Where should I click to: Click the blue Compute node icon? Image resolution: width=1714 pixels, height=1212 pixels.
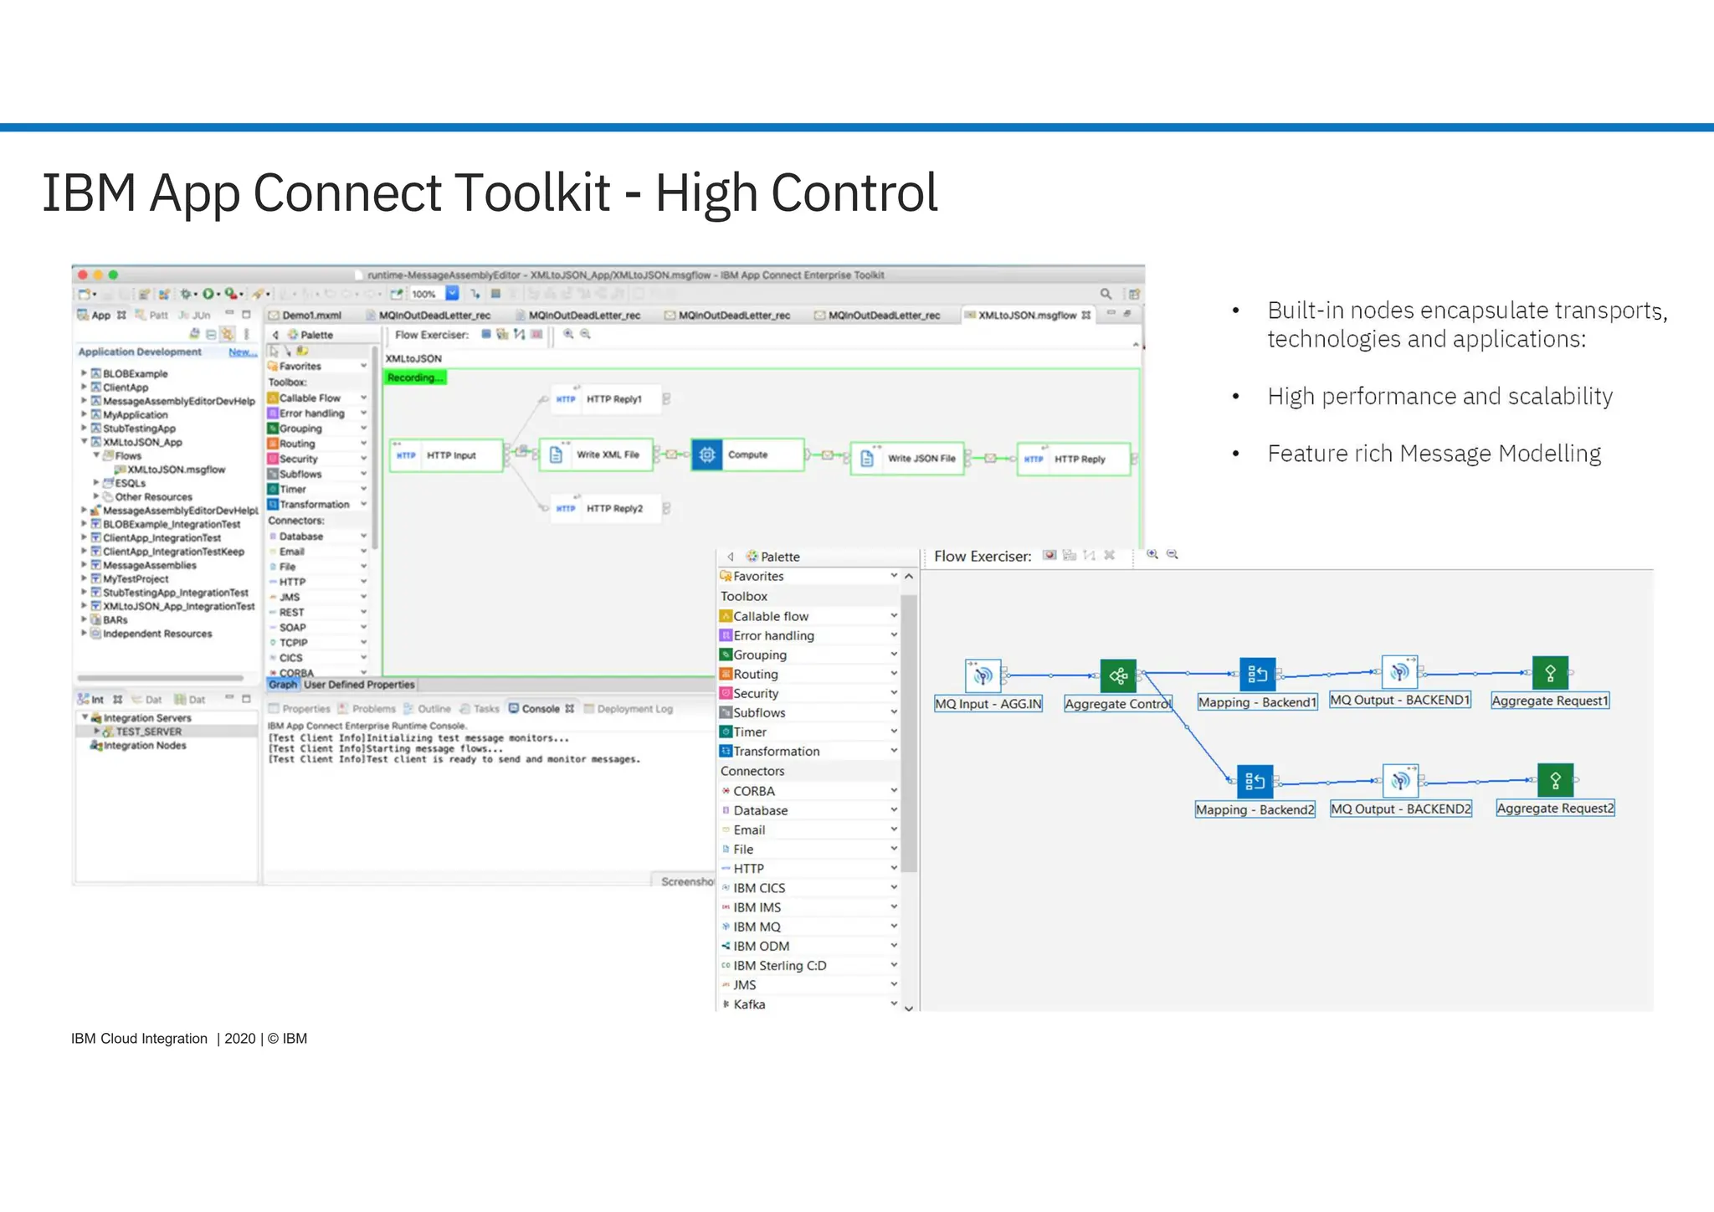coord(707,454)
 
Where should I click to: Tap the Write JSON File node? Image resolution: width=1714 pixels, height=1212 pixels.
coord(907,458)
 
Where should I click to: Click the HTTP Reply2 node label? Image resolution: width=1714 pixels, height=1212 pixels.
coord(614,508)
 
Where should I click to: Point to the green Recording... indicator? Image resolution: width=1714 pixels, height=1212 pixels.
coord(415,377)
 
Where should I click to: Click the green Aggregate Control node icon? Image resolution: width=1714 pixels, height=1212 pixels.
coord(1118,675)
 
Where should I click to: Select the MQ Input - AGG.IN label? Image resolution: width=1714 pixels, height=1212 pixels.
coord(988,704)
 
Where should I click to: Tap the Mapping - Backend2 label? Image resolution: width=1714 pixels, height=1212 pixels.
coord(1255,809)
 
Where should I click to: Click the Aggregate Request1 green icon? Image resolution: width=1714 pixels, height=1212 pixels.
coord(1550,673)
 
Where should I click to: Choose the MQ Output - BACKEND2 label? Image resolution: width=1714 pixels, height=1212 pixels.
coord(1400,809)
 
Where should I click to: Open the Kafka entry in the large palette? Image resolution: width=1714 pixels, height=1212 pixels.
coord(749,1004)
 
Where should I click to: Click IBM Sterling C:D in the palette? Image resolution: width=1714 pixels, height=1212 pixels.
coord(779,965)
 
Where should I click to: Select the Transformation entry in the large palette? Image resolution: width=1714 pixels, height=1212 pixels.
coord(776,751)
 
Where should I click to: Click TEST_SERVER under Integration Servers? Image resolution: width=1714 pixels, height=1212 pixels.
coord(148,732)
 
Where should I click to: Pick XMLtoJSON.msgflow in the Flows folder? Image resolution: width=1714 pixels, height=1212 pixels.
coord(176,470)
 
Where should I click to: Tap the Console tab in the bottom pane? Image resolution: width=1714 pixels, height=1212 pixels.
coord(540,708)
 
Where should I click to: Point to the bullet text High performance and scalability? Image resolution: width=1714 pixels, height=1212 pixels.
coord(1439,396)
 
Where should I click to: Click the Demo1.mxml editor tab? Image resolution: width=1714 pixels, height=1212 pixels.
coord(311,316)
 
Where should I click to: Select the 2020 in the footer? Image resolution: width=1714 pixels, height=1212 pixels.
coord(239,1039)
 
